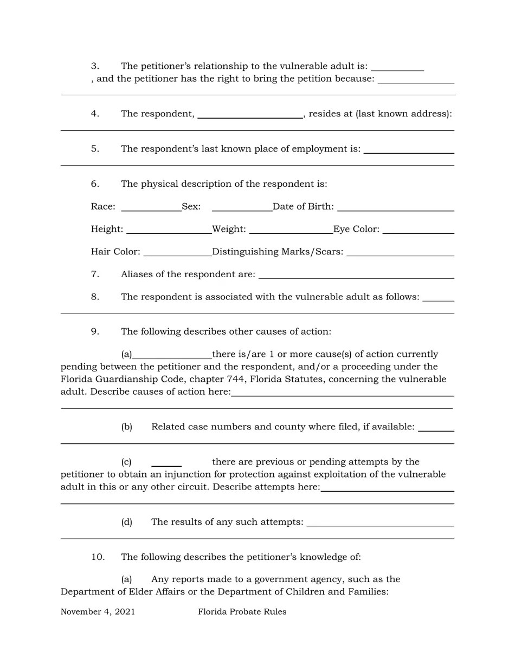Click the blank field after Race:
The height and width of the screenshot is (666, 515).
click(x=151, y=207)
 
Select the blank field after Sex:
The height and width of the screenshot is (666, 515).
click(x=242, y=207)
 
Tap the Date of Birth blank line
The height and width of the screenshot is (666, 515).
click(x=395, y=207)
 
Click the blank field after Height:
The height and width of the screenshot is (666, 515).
click(x=169, y=230)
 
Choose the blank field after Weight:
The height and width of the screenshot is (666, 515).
click(x=291, y=230)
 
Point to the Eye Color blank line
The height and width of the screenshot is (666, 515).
click(x=418, y=230)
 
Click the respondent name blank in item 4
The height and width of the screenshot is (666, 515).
click(x=250, y=114)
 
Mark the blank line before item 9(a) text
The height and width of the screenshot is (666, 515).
click(x=172, y=355)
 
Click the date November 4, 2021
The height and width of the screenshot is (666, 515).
click(x=98, y=612)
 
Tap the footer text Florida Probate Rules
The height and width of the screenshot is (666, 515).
click(x=242, y=612)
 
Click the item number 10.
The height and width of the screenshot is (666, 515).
click(x=98, y=557)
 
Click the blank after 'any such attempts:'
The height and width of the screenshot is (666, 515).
click(x=380, y=523)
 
